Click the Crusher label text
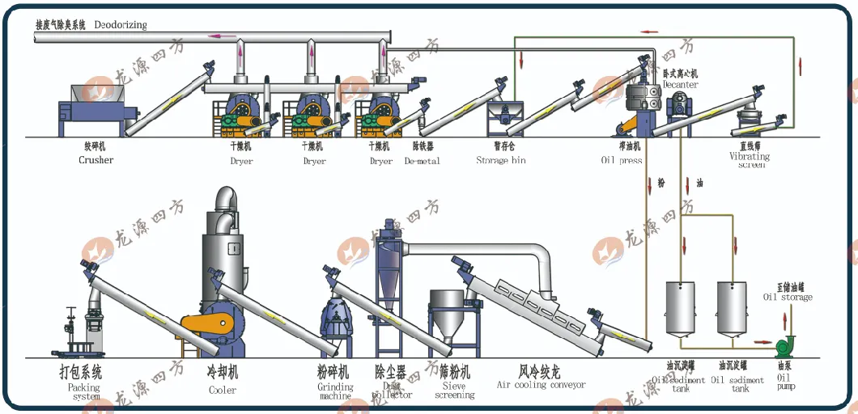click(96, 160)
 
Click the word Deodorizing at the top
click(120, 25)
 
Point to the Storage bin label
click(501, 160)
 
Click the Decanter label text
click(680, 84)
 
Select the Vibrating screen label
click(750, 160)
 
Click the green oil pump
click(784, 346)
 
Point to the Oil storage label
click(788, 297)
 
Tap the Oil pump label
click(786, 382)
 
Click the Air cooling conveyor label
click(541, 385)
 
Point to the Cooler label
click(223, 390)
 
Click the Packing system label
click(84, 392)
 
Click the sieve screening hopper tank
click(452, 316)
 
